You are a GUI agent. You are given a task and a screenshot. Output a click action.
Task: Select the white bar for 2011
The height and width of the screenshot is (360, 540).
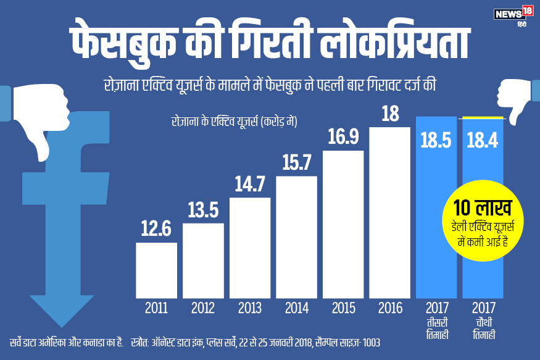pyautogui.click(x=156, y=269)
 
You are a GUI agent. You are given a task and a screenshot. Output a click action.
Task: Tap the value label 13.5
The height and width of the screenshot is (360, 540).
pyautogui.click(x=203, y=211)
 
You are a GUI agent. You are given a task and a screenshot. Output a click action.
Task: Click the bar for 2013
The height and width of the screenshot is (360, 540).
pyautogui.click(x=249, y=247)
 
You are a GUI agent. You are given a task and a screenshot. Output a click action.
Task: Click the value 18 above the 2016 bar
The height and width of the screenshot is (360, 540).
pyautogui.click(x=389, y=114)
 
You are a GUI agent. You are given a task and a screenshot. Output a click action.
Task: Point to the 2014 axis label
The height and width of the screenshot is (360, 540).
pyautogui.click(x=296, y=308)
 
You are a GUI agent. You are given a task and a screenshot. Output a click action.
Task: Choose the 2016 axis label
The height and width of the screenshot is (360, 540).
pyautogui.click(x=389, y=308)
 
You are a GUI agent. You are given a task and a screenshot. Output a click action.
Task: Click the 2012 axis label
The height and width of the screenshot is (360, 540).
pyautogui.click(x=203, y=308)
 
